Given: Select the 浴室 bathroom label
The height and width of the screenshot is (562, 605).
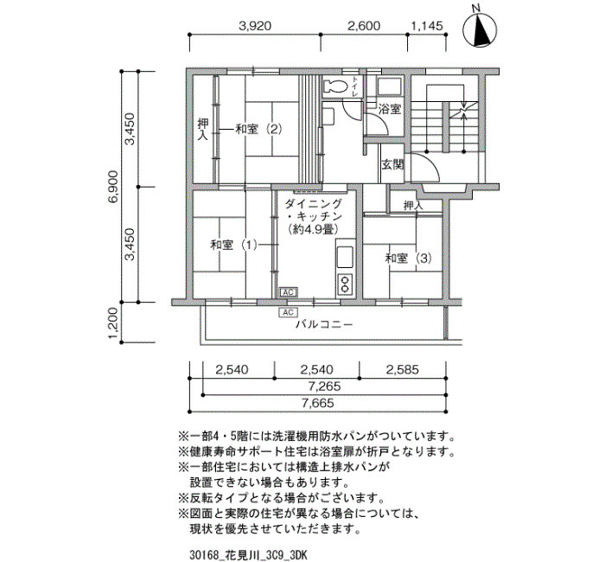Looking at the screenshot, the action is coord(389,109).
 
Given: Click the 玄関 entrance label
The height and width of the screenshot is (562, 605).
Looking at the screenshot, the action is coord(392,165).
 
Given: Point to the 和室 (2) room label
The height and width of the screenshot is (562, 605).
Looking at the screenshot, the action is coord(258,129).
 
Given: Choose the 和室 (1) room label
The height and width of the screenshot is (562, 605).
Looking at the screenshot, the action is coord(234,245).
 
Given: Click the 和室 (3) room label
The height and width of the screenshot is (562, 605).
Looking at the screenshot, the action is coord(408,258).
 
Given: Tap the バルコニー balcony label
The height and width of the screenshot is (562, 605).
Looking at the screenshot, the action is coord(324,324).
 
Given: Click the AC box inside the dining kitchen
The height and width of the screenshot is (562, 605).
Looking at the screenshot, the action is coord(288,292).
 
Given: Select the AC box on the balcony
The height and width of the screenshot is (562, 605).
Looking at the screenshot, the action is coord(288,312).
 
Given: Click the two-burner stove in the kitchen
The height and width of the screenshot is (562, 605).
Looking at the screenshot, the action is coord(345,284).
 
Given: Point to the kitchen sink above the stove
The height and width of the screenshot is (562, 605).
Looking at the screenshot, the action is coord(345,257).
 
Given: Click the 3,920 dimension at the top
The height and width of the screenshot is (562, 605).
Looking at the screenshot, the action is coord(255,26).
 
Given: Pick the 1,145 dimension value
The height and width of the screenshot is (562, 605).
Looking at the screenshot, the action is coord(427,26).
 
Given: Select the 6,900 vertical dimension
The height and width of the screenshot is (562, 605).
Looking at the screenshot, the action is coord(114,187).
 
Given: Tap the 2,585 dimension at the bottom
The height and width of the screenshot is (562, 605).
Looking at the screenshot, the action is coord(403,370).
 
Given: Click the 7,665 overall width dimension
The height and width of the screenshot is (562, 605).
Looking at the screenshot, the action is coord(318,403).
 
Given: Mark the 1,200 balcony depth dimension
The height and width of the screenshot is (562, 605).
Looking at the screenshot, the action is coord(114,323).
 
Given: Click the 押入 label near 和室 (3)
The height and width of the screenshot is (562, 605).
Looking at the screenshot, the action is coord(413,205).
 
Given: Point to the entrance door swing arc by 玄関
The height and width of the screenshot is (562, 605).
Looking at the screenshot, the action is coord(431,164).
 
